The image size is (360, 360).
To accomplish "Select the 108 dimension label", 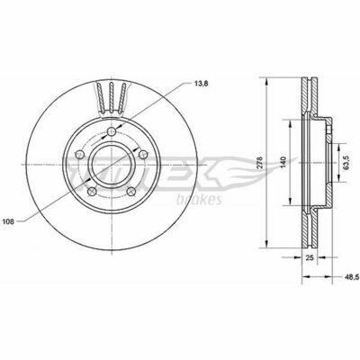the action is [x=8, y=221].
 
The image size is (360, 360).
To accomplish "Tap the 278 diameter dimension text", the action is [x=260, y=162].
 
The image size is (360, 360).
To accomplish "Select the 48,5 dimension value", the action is [x=351, y=277].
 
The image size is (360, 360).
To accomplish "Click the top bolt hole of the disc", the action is [x=112, y=130].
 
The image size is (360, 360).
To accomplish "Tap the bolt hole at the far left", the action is [x=80, y=155].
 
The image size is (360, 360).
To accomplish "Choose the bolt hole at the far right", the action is [x=144, y=155].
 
